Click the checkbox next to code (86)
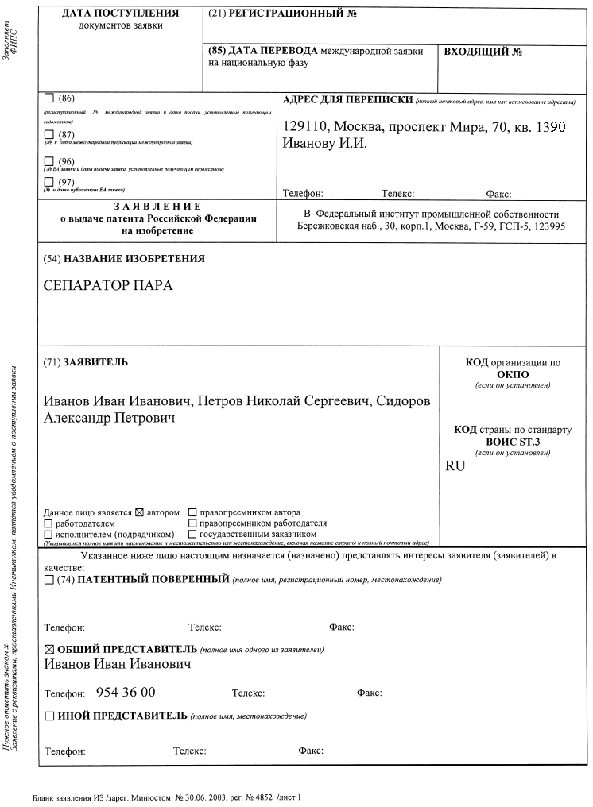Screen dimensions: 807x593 coord(49,98)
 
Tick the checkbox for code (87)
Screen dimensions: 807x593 coord(49,134)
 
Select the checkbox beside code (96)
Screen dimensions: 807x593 coord(49,161)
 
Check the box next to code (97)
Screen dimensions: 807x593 coord(49,182)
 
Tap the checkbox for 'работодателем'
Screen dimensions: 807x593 coord(48,523)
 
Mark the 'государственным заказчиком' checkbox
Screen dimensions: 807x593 coord(192,535)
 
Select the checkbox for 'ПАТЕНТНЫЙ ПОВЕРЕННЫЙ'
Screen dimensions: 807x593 coord(49,580)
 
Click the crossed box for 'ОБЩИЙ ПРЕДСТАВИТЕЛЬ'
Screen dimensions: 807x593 coord(49,649)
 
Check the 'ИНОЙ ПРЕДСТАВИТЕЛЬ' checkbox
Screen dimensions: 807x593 coord(49,716)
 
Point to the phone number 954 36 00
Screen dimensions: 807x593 coord(126,692)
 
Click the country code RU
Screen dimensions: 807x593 coord(455,466)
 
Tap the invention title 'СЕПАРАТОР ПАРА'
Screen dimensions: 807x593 coord(108,286)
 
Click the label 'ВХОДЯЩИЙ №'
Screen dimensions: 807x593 coord(483,52)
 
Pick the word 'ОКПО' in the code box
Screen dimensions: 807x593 coord(513,374)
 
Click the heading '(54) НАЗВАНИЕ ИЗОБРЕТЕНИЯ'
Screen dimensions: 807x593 coord(124,259)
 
